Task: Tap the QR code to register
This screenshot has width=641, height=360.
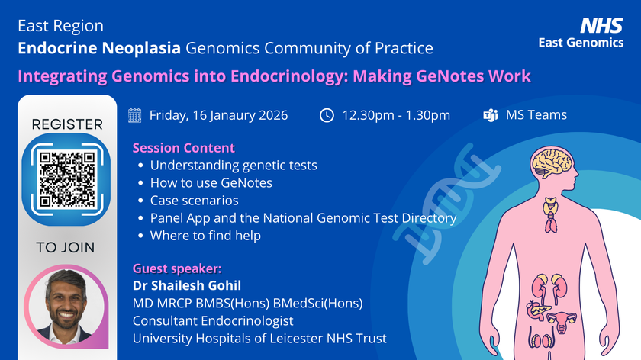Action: point(67,181)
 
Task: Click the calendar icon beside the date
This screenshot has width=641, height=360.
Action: point(135,115)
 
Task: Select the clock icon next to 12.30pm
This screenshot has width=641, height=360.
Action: point(327,115)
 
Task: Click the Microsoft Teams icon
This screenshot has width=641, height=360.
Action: point(490,115)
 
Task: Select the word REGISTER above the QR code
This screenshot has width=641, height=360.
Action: point(67,124)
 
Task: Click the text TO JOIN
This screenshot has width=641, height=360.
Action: point(67,248)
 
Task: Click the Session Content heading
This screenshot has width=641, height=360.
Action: point(183,148)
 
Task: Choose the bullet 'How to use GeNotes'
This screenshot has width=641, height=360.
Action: point(211,183)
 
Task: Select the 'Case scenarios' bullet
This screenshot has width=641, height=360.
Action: point(194,201)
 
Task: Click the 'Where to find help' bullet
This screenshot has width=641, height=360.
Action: point(205,236)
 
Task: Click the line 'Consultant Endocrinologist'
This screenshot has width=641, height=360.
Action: point(213,321)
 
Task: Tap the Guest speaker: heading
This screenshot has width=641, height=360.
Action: point(178,268)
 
